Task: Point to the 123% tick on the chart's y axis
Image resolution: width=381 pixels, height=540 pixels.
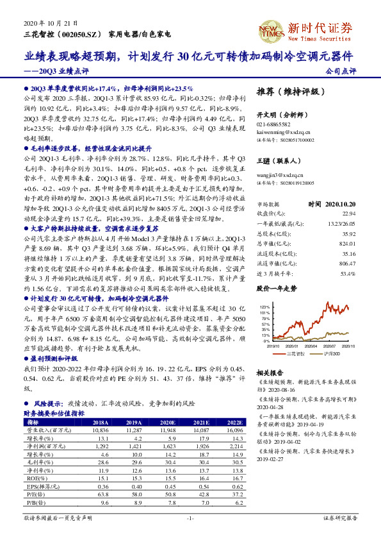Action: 264,307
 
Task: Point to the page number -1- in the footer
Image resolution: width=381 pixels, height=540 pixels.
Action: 190,517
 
